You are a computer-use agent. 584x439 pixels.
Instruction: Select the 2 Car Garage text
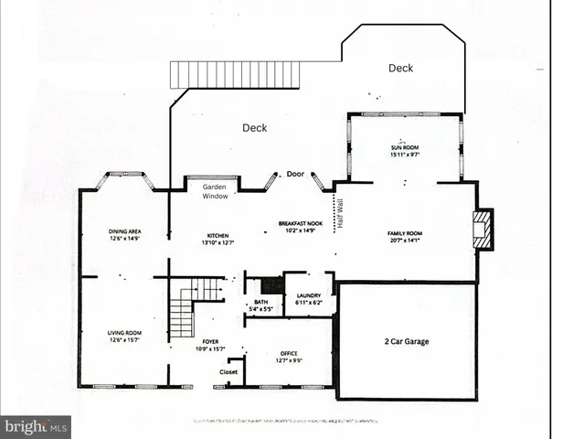(406, 341)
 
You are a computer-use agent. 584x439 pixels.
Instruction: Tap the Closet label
(229, 372)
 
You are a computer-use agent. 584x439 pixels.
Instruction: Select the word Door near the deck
(295, 174)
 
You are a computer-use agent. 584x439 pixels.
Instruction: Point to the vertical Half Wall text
(340, 212)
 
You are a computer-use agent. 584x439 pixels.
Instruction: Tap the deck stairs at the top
(235, 74)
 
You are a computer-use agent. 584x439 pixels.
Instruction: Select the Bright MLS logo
(36, 426)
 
